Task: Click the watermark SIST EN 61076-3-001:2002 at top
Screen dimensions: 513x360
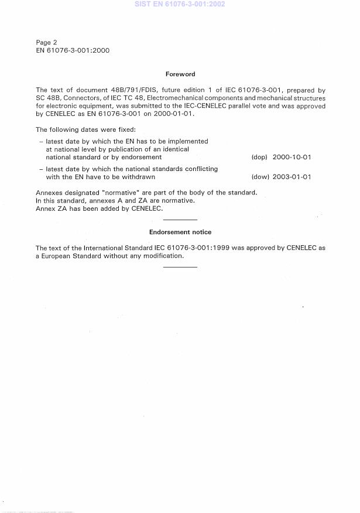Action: [180, 4]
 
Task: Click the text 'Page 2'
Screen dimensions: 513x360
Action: [46, 42]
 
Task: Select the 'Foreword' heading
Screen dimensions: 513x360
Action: [180, 74]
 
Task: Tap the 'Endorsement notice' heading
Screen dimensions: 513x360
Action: [180, 232]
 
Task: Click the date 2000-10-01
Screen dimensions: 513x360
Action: [292, 158]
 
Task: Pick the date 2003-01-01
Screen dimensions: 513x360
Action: [292, 177]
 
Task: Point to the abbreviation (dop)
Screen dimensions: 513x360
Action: [259, 158]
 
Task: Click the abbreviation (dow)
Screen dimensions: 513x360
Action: [259, 177]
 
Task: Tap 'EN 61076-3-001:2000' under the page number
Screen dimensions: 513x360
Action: [72, 50]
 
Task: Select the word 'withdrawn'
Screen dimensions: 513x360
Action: [138, 177]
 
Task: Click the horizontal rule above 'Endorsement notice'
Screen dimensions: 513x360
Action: [180, 219]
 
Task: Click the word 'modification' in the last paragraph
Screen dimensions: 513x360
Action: [163, 256]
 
